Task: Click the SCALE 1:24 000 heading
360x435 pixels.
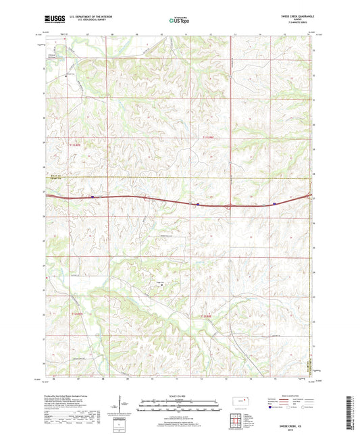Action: pyautogui.click(x=180, y=396)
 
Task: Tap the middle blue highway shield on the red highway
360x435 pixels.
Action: pyautogui.click(x=197, y=203)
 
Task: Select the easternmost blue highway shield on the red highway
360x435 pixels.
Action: pyautogui.click(x=274, y=203)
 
